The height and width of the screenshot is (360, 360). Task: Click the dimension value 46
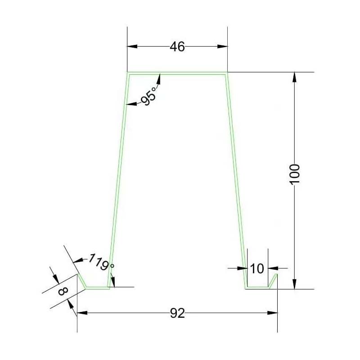177,46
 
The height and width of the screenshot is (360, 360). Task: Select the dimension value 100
294,173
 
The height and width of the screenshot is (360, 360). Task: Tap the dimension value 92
177,313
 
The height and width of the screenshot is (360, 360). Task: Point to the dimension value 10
256,268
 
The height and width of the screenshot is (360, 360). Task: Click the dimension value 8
63,291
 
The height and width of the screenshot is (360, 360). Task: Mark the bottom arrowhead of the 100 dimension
294,284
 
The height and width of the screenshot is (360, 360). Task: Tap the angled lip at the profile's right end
274,280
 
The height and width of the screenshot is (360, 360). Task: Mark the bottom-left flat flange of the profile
97,288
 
